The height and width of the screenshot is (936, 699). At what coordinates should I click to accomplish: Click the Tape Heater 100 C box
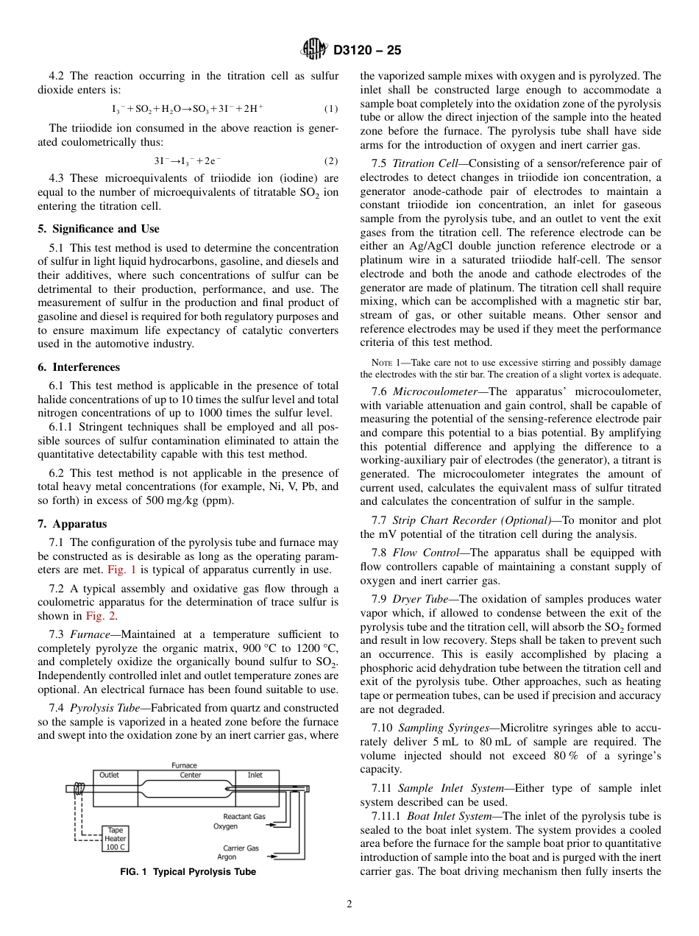pyautogui.click(x=116, y=837)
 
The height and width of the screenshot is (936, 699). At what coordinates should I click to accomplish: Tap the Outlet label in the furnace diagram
pyautogui.click(x=109, y=775)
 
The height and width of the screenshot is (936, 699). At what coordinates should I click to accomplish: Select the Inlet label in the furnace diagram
pyautogui.click(x=255, y=775)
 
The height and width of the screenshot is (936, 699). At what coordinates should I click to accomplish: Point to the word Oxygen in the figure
pyautogui.click(x=225, y=826)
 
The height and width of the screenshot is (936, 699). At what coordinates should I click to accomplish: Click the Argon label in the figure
pyautogui.click(x=227, y=857)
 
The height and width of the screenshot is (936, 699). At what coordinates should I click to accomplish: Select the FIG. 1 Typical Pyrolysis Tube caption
pyautogui.click(x=188, y=872)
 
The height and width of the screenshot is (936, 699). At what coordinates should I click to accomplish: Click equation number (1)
pyautogui.click(x=331, y=109)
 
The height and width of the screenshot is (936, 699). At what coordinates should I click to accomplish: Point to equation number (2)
pyautogui.click(x=331, y=160)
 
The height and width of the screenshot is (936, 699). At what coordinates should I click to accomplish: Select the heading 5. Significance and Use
pyautogui.click(x=98, y=229)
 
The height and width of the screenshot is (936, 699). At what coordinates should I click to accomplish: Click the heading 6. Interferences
pyautogui.click(x=78, y=367)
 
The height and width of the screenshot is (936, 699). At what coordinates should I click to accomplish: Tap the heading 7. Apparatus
pyautogui.click(x=72, y=524)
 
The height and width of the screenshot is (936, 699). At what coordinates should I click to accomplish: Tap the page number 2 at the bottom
pyautogui.click(x=349, y=905)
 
